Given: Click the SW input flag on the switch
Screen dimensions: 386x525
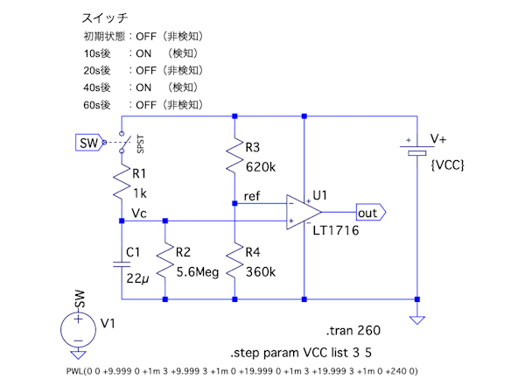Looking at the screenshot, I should click(x=87, y=143).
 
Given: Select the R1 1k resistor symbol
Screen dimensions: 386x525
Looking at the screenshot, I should click(x=122, y=186).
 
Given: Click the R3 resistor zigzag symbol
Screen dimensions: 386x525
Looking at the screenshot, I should click(x=234, y=158).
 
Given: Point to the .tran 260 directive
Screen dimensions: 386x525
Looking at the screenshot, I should click(x=353, y=332).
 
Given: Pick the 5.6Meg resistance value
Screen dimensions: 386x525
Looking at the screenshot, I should click(x=198, y=272).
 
